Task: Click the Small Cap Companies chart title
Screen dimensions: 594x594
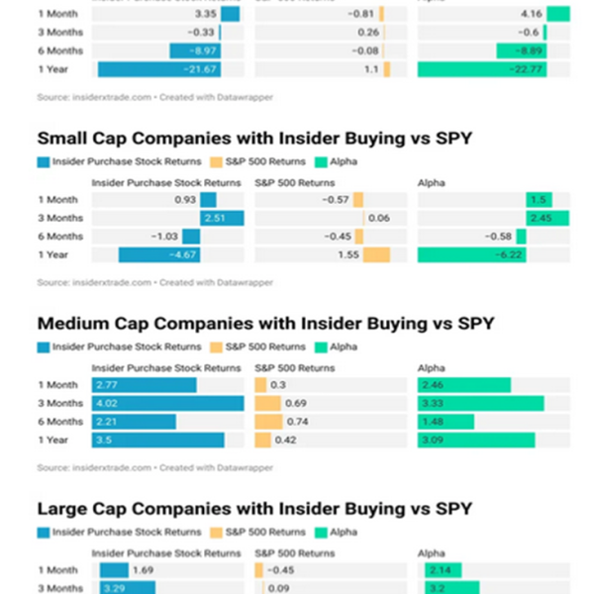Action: [x=253, y=138]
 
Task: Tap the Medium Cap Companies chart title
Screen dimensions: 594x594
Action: [x=265, y=324]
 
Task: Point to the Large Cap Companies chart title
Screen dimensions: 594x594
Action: [x=252, y=509]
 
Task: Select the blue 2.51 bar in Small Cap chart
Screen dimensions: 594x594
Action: [x=223, y=218]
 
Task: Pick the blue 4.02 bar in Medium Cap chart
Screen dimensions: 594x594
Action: [x=167, y=403]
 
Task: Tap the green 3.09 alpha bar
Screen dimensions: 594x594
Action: [x=476, y=441]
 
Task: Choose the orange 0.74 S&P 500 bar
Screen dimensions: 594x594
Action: [x=268, y=422]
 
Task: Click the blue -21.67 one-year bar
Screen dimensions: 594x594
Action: [x=158, y=69]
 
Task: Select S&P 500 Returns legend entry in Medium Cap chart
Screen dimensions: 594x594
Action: [x=259, y=346]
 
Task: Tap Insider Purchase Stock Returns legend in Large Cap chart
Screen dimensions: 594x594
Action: [x=121, y=532]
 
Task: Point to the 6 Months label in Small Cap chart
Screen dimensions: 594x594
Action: [x=60, y=237]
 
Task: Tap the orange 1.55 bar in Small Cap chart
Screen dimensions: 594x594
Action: [x=376, y=254]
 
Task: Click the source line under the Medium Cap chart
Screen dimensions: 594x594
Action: [x=154, y=468]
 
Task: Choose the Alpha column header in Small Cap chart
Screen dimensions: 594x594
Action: [x=432, y=182]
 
